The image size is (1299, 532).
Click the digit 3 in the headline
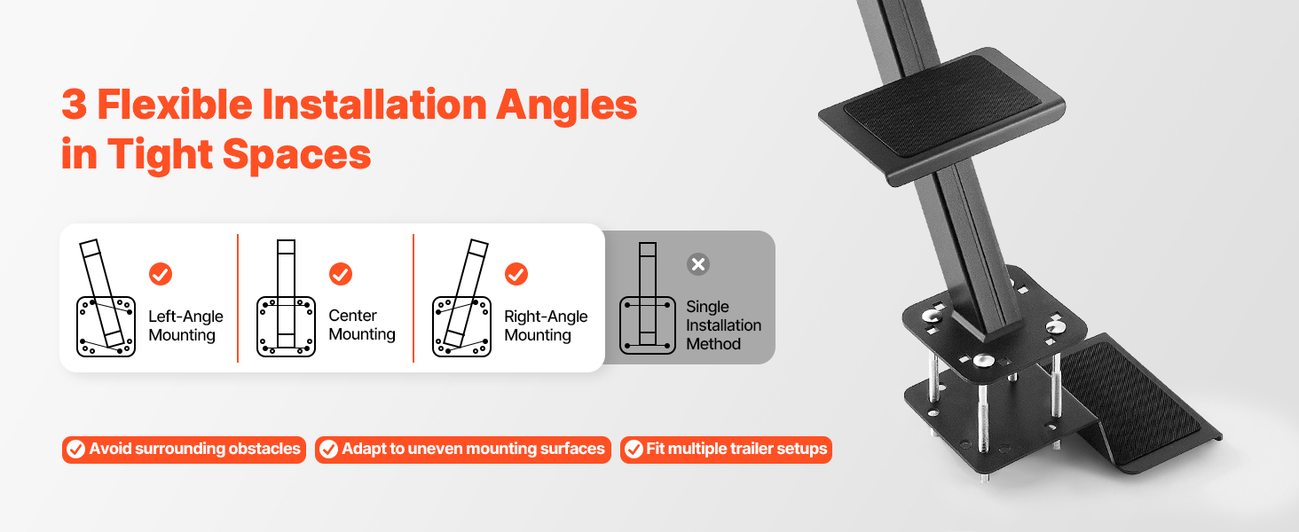point(75,105)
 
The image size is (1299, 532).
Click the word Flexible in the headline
point(175,105)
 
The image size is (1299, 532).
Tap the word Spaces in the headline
point(296,154)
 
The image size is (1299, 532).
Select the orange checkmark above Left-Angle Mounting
point(161,274)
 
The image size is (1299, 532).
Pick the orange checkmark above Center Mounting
point(341,274)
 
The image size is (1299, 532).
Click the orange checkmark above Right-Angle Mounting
point(516,274)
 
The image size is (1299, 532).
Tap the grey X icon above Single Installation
point(698,264)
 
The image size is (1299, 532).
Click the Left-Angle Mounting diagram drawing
point(106,299)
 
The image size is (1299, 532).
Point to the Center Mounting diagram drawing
point(286,299)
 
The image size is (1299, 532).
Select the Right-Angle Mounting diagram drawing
point(462,299)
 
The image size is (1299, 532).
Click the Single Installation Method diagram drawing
point(647,299)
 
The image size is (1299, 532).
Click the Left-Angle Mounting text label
point(185,325)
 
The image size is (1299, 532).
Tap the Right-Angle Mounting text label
point(546,325)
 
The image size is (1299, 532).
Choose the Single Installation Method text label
point(724,325)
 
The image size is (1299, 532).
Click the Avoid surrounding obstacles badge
point(184,450)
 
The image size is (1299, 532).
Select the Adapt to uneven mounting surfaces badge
point(463,450)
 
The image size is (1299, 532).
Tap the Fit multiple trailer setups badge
point(726,450)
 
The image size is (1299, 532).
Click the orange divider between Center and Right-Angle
point(413,299)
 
